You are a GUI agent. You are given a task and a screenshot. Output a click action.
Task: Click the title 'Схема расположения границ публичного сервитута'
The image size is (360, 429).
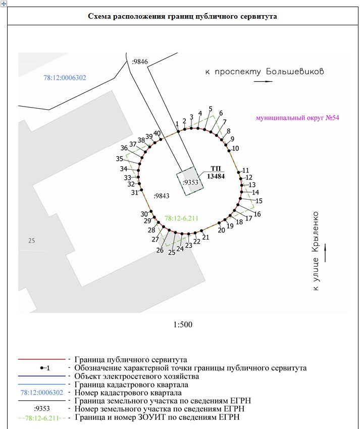pos(182,16)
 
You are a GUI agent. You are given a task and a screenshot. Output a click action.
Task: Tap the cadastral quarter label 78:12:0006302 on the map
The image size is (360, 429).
pos(65,78)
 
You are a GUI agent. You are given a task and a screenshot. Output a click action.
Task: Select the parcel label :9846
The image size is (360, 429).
pos(139,62)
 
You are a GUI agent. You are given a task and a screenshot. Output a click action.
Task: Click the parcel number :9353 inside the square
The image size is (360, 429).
pos(190,182)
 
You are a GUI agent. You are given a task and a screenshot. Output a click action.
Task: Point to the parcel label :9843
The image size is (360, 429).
pos(162,195)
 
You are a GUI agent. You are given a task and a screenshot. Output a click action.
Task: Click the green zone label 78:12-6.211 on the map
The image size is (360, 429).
pos(181,218)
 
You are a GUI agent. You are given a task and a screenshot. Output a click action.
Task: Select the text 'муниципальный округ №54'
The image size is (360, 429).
pos(297,118)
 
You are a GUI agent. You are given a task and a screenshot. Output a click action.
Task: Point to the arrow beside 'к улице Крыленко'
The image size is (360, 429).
pos(326,253)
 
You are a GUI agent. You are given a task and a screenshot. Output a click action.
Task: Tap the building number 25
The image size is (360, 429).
pos(32,241)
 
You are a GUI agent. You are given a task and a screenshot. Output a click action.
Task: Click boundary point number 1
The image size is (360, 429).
pos(177,124)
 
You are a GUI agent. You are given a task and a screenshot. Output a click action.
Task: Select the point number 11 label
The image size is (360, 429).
pos(246,170)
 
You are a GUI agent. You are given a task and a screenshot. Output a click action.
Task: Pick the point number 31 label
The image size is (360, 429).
pos(134,193)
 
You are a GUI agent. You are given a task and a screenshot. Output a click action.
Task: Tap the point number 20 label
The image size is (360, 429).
pos(221,230)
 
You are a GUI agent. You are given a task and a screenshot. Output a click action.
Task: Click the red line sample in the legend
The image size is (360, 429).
pos(42,359)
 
